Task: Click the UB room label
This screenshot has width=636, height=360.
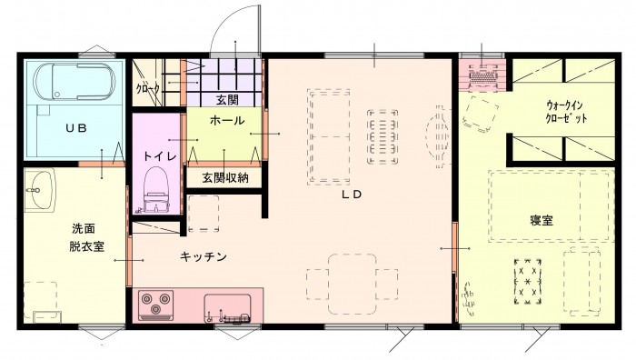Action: (x=76, y=128)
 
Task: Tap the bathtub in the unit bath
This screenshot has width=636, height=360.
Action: (x=75, y=82)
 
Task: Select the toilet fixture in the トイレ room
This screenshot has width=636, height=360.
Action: (x=156, y=189)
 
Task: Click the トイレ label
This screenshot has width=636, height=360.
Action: (x=160, y=156)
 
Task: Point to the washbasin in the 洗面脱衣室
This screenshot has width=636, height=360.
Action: (x=39, y=190)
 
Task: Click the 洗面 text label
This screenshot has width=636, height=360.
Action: (x=84, y=228)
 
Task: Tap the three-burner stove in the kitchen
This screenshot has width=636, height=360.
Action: (x=155, y=305)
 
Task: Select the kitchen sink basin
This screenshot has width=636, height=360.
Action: (x=227, y=307)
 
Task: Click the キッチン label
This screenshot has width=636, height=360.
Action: (x=203, y=256)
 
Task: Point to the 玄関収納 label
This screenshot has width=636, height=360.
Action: (x=225, y=178)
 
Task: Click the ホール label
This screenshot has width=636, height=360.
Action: (x=227, y=121)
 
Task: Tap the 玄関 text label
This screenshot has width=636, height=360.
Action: (x=227, y=100)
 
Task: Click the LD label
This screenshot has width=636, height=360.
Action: (x=352, y=195)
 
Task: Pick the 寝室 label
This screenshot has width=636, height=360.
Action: (x=542, y=220)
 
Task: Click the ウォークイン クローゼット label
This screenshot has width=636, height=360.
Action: (x=565, y=112)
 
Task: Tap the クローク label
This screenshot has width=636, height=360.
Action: (x=147, y=88)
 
